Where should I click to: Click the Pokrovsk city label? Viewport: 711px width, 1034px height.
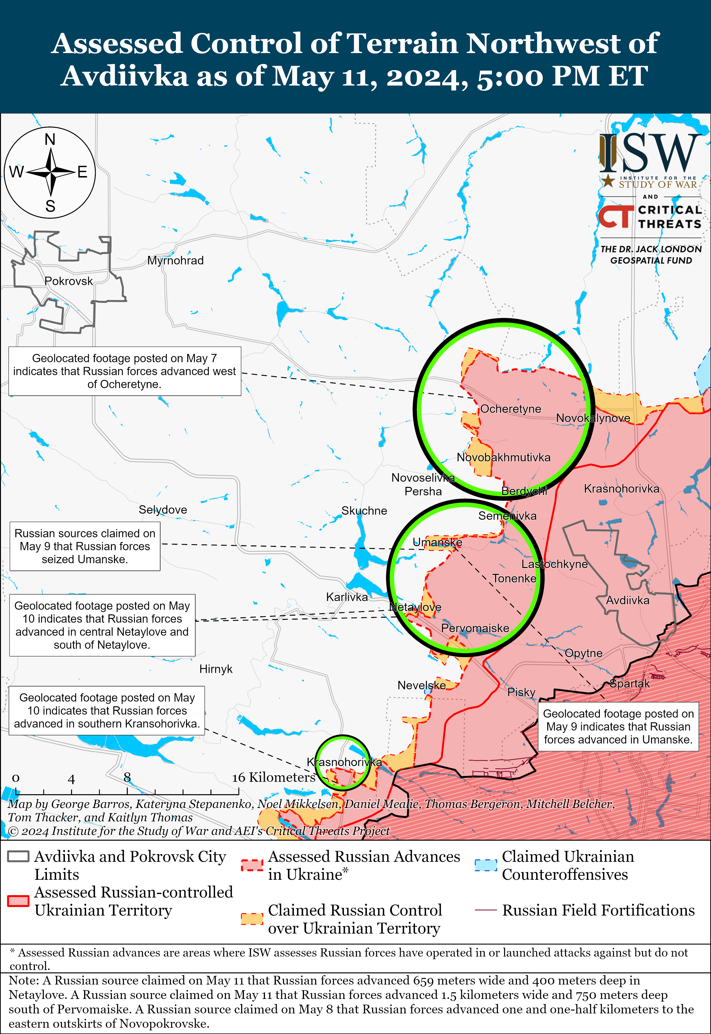click(68, 281)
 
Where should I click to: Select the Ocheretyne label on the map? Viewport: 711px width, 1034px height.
click(510, 409)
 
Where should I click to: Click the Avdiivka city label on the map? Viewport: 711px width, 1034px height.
click(627, 600)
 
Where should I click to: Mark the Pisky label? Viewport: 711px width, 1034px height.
click(521, 692)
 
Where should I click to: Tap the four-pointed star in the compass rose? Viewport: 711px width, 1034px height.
click(50, 172)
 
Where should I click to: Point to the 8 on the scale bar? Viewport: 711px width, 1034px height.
click(127, 777)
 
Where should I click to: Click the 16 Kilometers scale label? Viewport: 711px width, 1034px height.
click(273, 777)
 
